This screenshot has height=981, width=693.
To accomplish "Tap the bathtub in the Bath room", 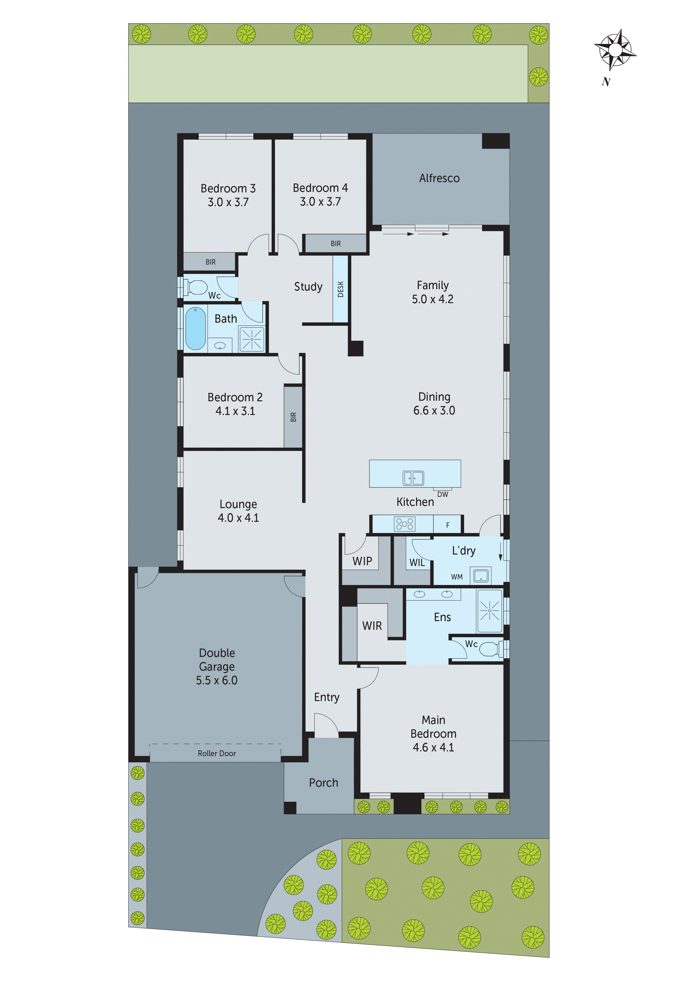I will click(196, 329).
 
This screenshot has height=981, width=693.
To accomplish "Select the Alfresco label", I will click(439, 178).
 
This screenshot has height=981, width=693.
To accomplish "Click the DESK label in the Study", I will click(340, 289).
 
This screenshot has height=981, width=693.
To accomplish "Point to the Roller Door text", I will click(217, 753).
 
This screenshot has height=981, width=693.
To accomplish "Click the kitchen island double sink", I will click(413, 478).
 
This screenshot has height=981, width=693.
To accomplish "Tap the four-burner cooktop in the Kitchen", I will click(404, 524).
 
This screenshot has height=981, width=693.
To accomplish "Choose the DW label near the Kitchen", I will click(442, 494).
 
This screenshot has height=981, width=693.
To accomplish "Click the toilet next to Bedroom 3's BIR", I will click(196, 287).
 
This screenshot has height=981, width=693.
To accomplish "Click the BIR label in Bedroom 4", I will click(336, 244).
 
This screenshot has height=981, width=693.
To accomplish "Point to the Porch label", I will click(323, 783).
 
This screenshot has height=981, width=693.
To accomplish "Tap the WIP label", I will click(362, 561).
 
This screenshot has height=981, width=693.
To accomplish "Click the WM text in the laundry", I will click(456, 577).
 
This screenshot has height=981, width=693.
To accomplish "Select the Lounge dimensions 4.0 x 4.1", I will click(238, 518).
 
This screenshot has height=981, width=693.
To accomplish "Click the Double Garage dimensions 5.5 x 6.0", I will click(217, 680).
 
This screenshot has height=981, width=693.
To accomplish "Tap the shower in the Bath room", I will click(251, 339).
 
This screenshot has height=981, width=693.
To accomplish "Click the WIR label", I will click(372, 626).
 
